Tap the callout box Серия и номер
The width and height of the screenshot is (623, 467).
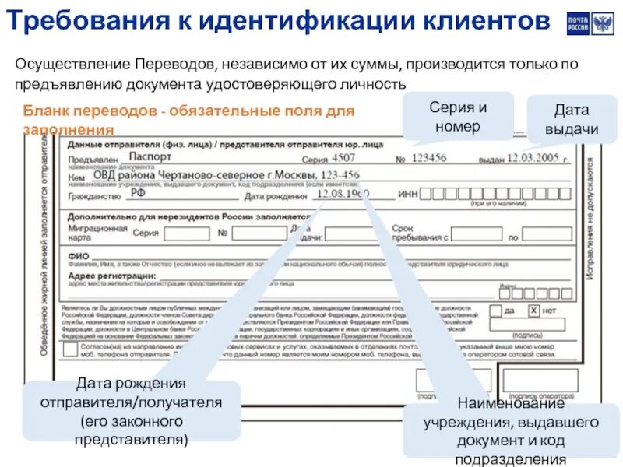[x=458, y=116]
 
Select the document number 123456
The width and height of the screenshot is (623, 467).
[x=429, y=158]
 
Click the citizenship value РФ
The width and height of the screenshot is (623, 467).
[x=138, y=194]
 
